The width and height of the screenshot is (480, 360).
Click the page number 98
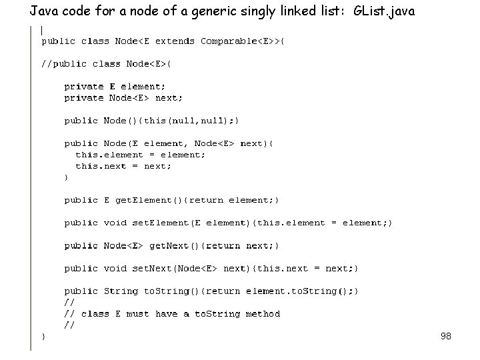[x=446, y=337]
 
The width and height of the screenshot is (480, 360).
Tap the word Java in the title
[x=43, y=11]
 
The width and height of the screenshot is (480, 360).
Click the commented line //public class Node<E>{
[x=107, y=63]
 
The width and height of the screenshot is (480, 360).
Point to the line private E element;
[x=115, y=86]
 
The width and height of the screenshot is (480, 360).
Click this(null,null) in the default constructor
[x=188, y=121]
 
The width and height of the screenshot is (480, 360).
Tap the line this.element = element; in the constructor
[x=140, y=155]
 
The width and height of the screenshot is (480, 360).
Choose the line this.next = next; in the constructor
[x=123, y=166]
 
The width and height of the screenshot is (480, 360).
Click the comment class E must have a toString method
[x=180, y=313]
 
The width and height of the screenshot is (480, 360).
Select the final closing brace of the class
[x=44, y=337]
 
